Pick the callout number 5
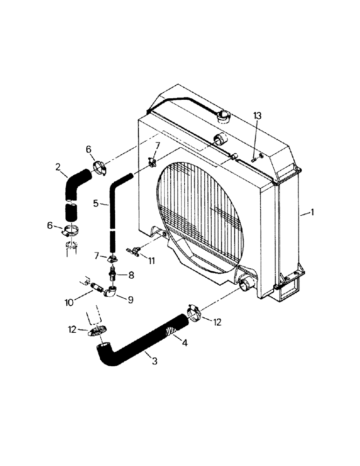point(95,203)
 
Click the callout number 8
point(131,275)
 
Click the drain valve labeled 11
point(134,252)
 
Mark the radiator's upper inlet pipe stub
point(219,138)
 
